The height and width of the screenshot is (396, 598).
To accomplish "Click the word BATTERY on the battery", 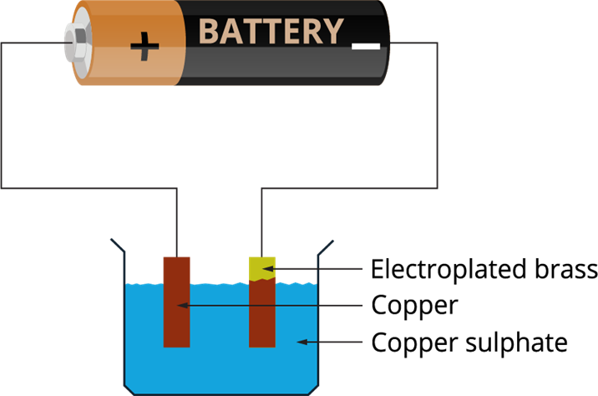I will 271,32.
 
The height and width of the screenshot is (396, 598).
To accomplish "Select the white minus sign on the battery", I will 366,46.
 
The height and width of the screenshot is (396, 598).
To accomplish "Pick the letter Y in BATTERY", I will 332,32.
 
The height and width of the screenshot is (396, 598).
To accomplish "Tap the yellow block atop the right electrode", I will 261,269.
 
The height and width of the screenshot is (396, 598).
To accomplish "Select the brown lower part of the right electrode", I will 261,314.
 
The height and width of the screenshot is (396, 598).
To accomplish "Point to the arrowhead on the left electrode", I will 182,306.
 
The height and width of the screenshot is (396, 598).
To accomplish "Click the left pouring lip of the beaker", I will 118,246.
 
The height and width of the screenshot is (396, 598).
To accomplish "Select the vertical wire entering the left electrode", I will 176,221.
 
